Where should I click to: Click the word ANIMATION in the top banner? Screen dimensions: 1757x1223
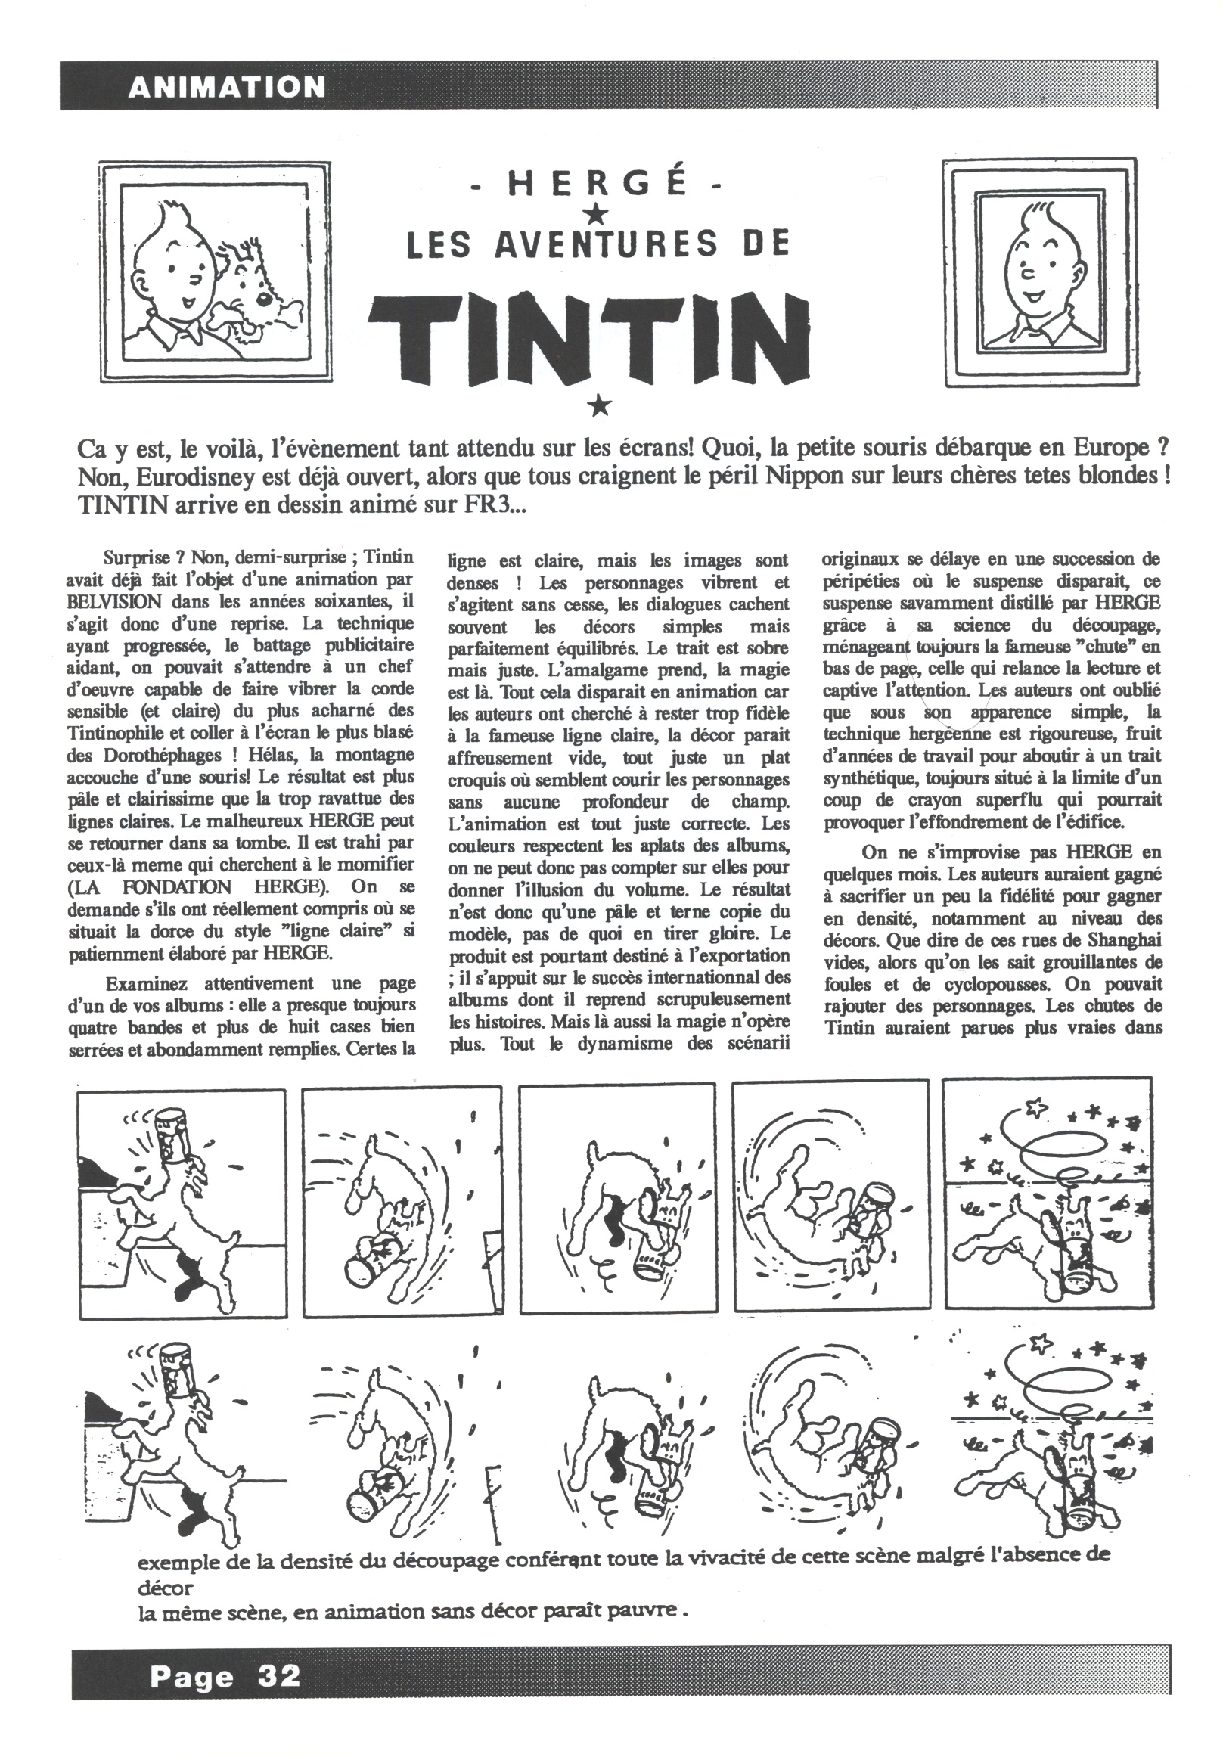[x=227, y=86]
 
